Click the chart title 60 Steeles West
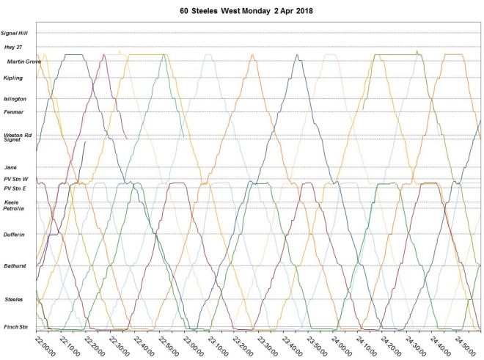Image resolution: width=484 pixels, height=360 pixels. pos(242,12)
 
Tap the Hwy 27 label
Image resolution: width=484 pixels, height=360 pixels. pos(14,47)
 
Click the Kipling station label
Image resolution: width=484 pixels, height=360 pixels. pos(12,78)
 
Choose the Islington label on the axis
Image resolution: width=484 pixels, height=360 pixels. pos(15,98)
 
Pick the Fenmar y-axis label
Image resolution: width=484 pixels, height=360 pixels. pos(13,111)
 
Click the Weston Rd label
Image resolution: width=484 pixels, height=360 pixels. pos(18,135)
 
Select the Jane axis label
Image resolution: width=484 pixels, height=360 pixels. pos(10,167)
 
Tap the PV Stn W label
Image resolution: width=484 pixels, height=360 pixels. pos(15,179)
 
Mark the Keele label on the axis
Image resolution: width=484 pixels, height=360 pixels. pos(12,202)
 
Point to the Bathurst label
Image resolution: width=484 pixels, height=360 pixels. pos(15,265)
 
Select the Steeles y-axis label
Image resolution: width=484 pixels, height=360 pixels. pos(14,299)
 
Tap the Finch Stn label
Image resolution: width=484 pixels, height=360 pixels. pos(15,327)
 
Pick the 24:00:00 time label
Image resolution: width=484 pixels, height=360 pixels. pos(341,344)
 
